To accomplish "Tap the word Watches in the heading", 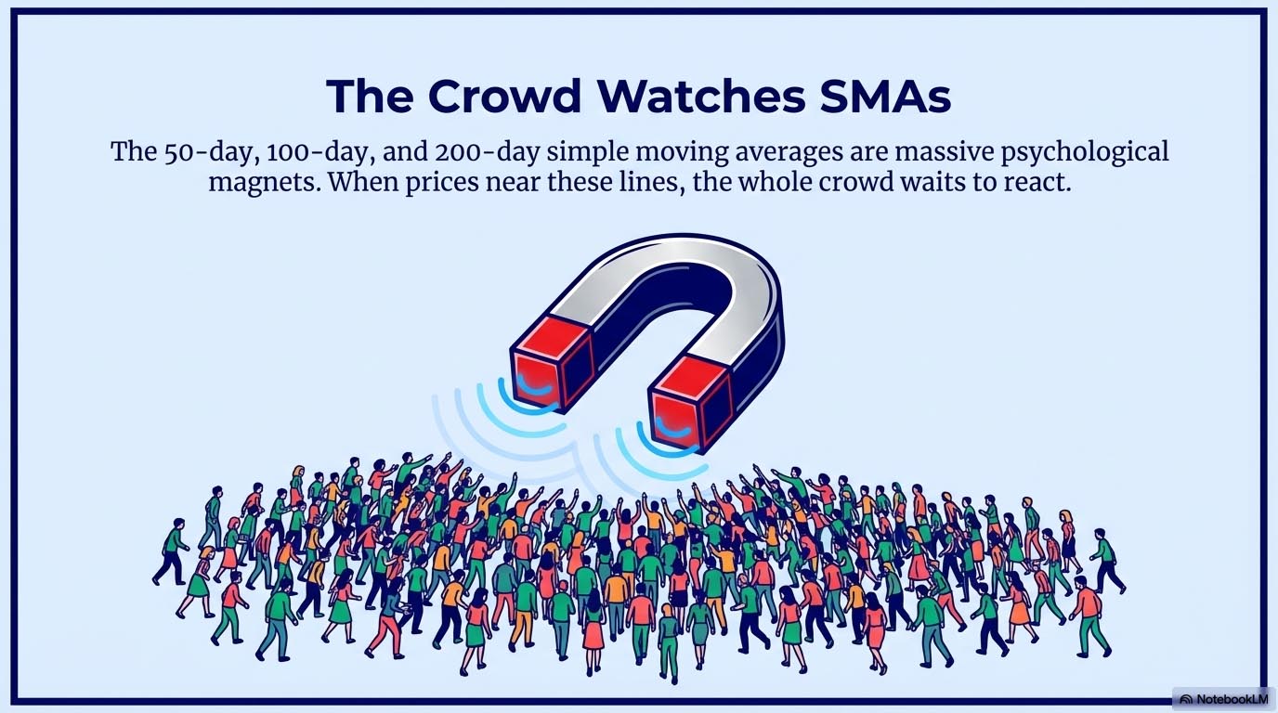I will pos(704,96).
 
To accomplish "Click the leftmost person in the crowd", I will pos(170,551).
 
